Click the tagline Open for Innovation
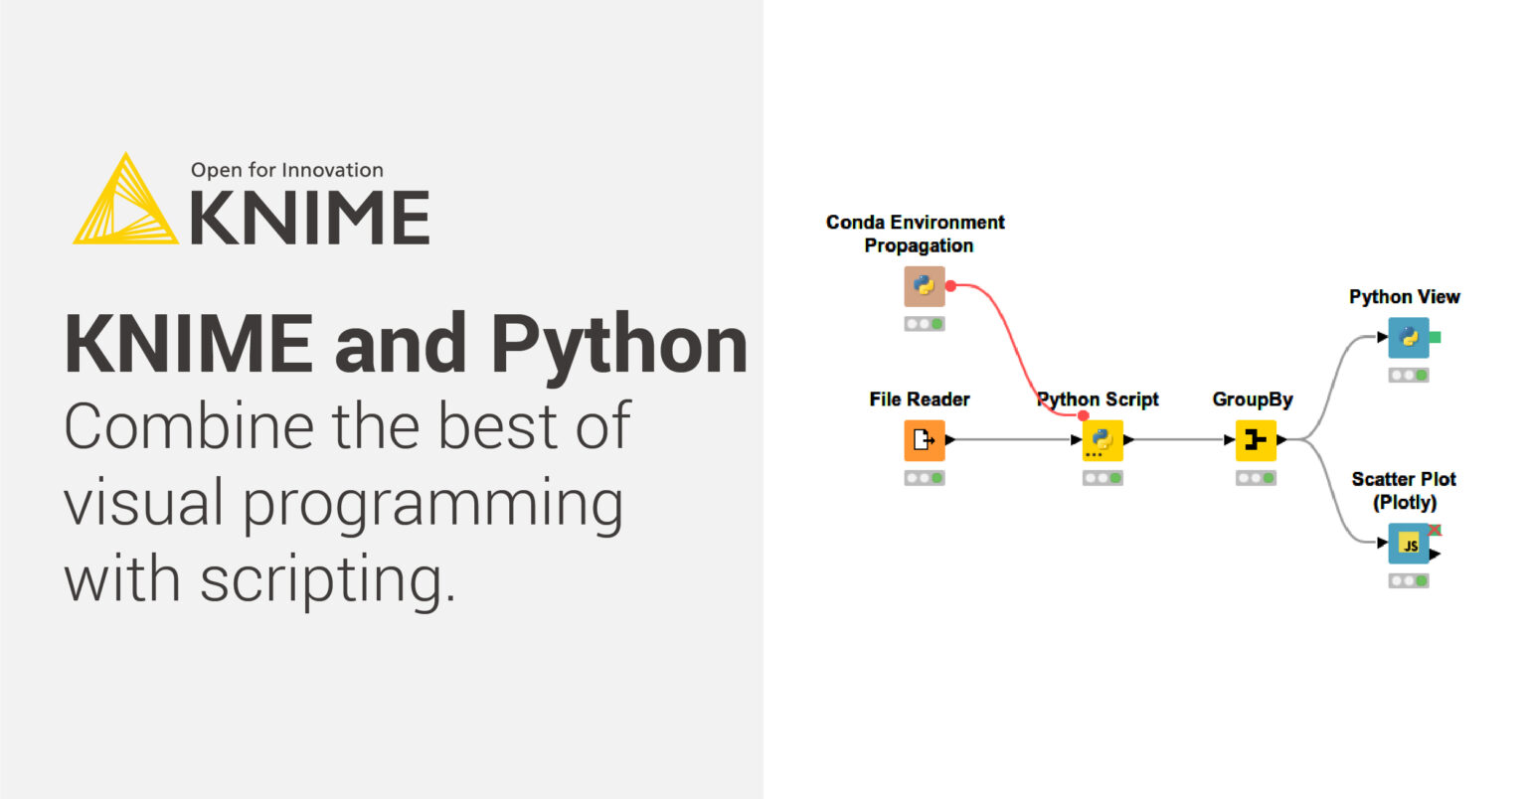[286, 170]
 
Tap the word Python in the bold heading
[618, 344]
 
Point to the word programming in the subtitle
[433, 503]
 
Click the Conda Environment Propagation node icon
[924, 286]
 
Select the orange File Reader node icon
[924, 440]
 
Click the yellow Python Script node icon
[1103, 440]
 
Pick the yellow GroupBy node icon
[1256, 440]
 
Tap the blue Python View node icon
[1409, 338]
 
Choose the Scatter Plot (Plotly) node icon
[1409, 544]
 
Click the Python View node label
[1404, 296]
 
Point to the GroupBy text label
[1252, 399]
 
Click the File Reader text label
[919, 399]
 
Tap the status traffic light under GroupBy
[1256, 478]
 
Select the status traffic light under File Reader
[924, 478]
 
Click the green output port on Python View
[1435, 338]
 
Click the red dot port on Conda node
[950, 286]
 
